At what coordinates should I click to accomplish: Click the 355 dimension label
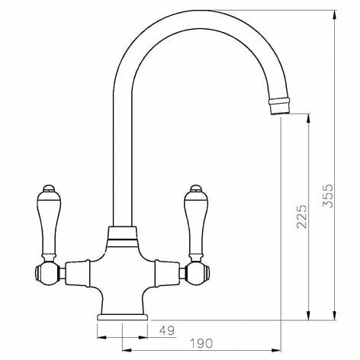(x=328, y=195)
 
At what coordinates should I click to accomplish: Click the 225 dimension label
(x=302, y=217)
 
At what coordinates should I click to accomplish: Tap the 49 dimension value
(x=167, y=330)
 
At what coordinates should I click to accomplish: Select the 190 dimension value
(x=201, y=343)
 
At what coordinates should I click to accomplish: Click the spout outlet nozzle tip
(x=280, y=107)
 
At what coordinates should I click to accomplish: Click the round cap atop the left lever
(x=49, y=188)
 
